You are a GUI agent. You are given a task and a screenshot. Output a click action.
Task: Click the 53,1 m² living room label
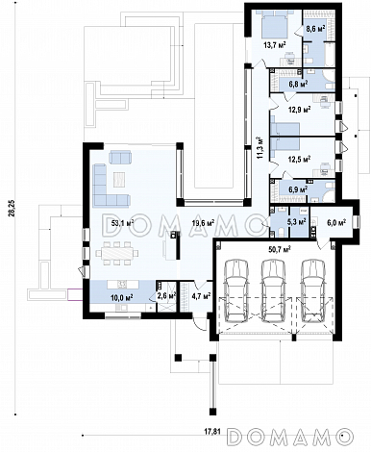(122, 223)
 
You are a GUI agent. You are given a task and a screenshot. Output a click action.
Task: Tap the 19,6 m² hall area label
(203, 223)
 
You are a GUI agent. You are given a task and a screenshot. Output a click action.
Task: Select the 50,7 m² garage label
(280, 248)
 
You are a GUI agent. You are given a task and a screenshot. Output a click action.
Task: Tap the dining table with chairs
(117, 253)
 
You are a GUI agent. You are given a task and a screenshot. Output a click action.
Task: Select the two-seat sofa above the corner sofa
(120, 157)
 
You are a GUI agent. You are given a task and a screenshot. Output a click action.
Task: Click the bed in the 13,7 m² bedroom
(274, 23)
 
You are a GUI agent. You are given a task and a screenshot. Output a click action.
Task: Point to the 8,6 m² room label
(315, 28)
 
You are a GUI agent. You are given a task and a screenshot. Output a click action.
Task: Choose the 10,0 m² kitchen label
(122, 297)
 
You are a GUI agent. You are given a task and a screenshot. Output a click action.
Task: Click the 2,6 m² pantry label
(166, 296)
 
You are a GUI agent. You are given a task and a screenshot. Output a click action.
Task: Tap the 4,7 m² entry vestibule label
(201, 295)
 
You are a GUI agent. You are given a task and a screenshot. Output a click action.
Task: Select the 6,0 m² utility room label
(336, 222)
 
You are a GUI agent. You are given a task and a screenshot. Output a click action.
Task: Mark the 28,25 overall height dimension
(12, 209)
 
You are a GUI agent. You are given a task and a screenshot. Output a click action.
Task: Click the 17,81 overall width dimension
(212, 431)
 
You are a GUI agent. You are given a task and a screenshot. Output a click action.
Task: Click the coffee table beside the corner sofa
(119, 180)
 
